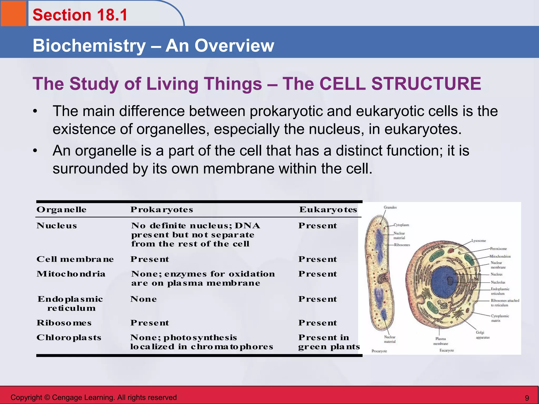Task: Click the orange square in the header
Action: coord(13,13)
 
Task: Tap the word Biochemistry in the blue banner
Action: coord(89,46)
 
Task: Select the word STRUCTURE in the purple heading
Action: coord(426,84)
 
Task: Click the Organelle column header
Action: coord(62,210)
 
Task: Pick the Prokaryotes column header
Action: coord(162,210)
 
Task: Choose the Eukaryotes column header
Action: coord(328,210)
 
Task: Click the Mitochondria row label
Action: coord(71,274)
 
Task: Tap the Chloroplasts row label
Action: coord(69,337)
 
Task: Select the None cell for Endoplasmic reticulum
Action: coord(144,299)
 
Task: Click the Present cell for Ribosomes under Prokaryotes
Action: coord(150,323)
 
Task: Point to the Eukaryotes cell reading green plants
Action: coord(329,347)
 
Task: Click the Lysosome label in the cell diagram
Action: coord(478,241)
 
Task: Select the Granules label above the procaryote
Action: coord(390,207)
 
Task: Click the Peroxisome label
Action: coord(498,249)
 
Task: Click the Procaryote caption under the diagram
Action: coord(379,351)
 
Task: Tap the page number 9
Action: coord(527,398)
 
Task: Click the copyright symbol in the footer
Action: coord(47,397)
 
